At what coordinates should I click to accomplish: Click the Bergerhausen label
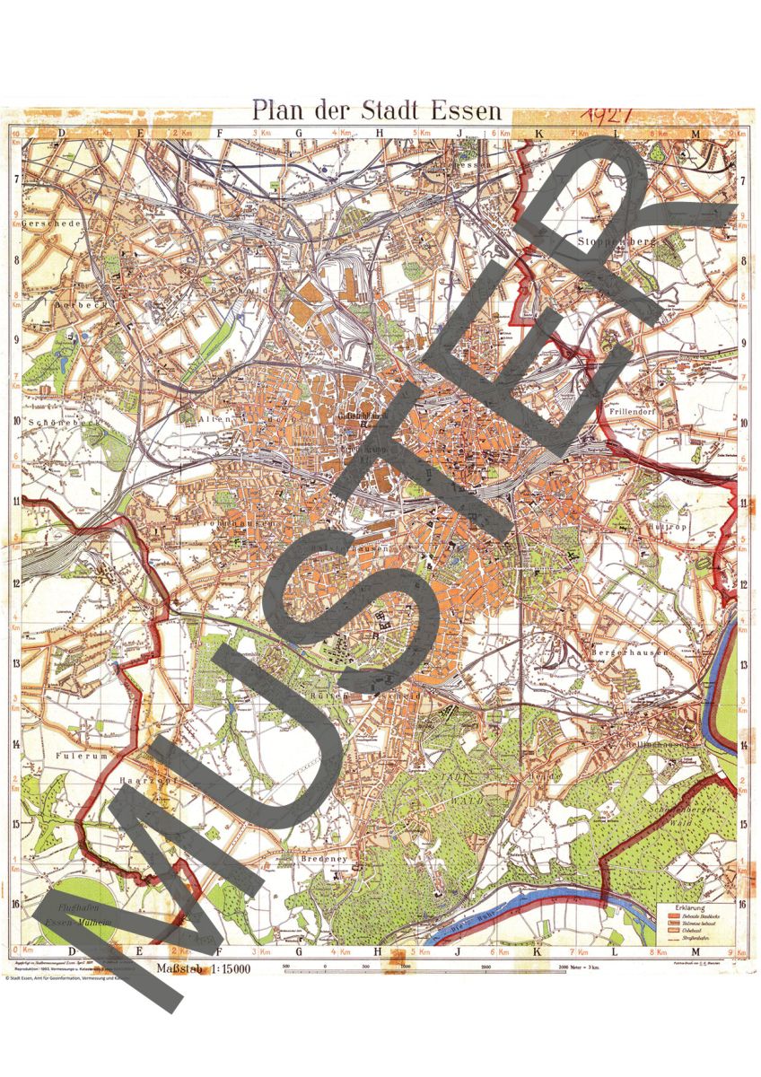(632, 652)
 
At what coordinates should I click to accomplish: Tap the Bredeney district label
(329, 858)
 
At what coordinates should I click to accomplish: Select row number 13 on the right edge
(743, 663)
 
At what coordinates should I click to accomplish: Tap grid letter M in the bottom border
(695, 950)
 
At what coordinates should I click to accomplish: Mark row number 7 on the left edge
(16, 179)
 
